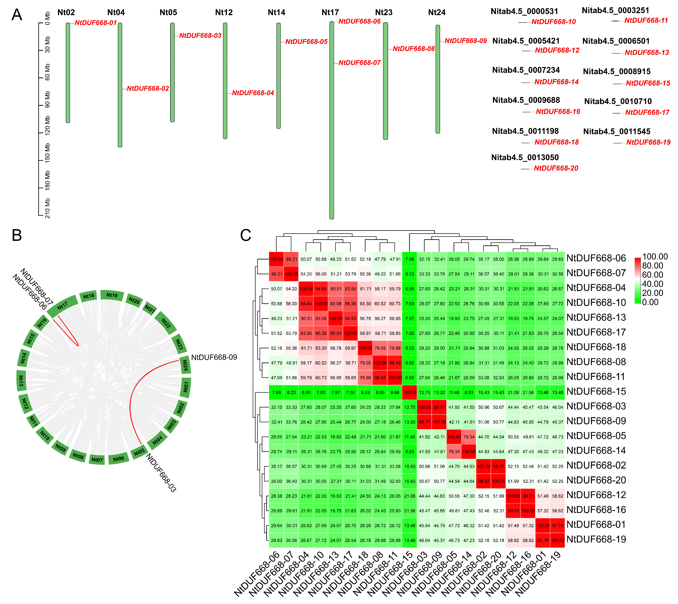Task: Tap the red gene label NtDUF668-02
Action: tap(148, 89)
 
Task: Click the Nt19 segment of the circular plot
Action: tap(112, 295)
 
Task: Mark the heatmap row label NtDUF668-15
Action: tap(596, 392)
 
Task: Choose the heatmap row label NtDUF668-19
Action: tap(596, 539)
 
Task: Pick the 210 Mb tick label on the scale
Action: tap(48, 208)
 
